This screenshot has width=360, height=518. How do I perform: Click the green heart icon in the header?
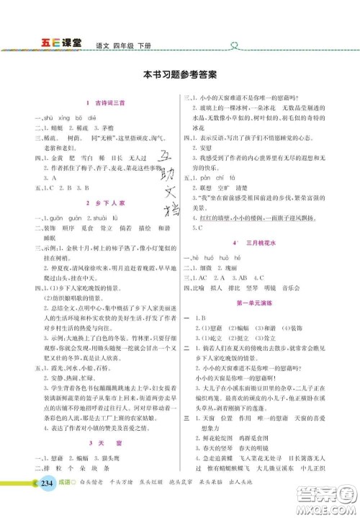click(233, 43)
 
